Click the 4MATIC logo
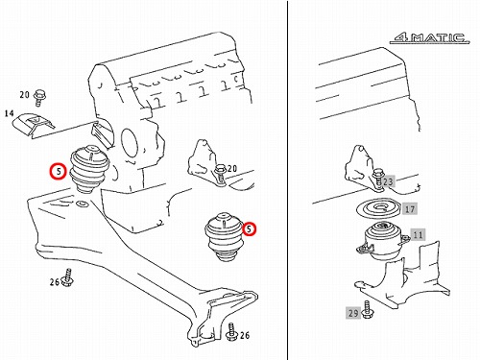(429, 38)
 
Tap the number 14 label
(10, 113)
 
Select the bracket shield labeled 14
(34, 125)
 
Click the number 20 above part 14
(25, 95)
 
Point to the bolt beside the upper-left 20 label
(40, 98)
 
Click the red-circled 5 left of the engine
(59, 172)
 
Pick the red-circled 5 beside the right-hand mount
(249, 228)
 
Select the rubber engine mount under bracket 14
(90, 169)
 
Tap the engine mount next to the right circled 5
(224, 236)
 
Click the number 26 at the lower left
(55, 282)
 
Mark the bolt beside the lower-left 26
(68, 277)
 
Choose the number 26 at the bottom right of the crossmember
(245, 335)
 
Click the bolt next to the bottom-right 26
(231, 332)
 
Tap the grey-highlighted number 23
(388, 181)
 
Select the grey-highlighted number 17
(410, 209)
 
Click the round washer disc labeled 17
(378, 208)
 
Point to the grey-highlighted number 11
(418, 235)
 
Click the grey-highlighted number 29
(353, 313)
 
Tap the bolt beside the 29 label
(367, 309)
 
